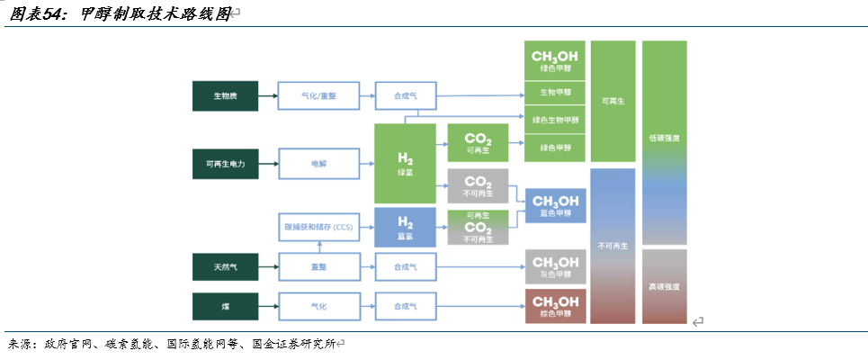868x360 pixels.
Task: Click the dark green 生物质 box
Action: coord(225,94)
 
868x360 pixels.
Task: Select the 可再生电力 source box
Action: coord(225,164)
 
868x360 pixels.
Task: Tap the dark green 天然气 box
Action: coord(225,266)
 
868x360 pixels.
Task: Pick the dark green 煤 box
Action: coord(225,307)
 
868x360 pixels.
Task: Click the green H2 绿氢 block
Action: coord(405,163)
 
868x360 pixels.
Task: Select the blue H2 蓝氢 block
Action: coord(405,228)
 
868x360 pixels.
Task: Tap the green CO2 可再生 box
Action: coord(478,143)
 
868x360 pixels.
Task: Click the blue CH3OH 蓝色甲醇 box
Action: coord(555,206)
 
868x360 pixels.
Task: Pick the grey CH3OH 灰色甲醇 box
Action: coord(555,266)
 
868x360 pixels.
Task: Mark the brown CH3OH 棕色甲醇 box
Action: coord(555,307)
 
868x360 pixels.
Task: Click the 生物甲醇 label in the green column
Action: coord(555,93)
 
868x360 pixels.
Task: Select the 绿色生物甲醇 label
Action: coord(555,120)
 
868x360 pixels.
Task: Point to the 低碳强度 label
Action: coord(664,139)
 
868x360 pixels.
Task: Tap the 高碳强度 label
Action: coord(664,286)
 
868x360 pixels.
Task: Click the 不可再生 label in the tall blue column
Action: coord(613,245)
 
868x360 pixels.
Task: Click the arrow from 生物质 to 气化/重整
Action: coord(267,94)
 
